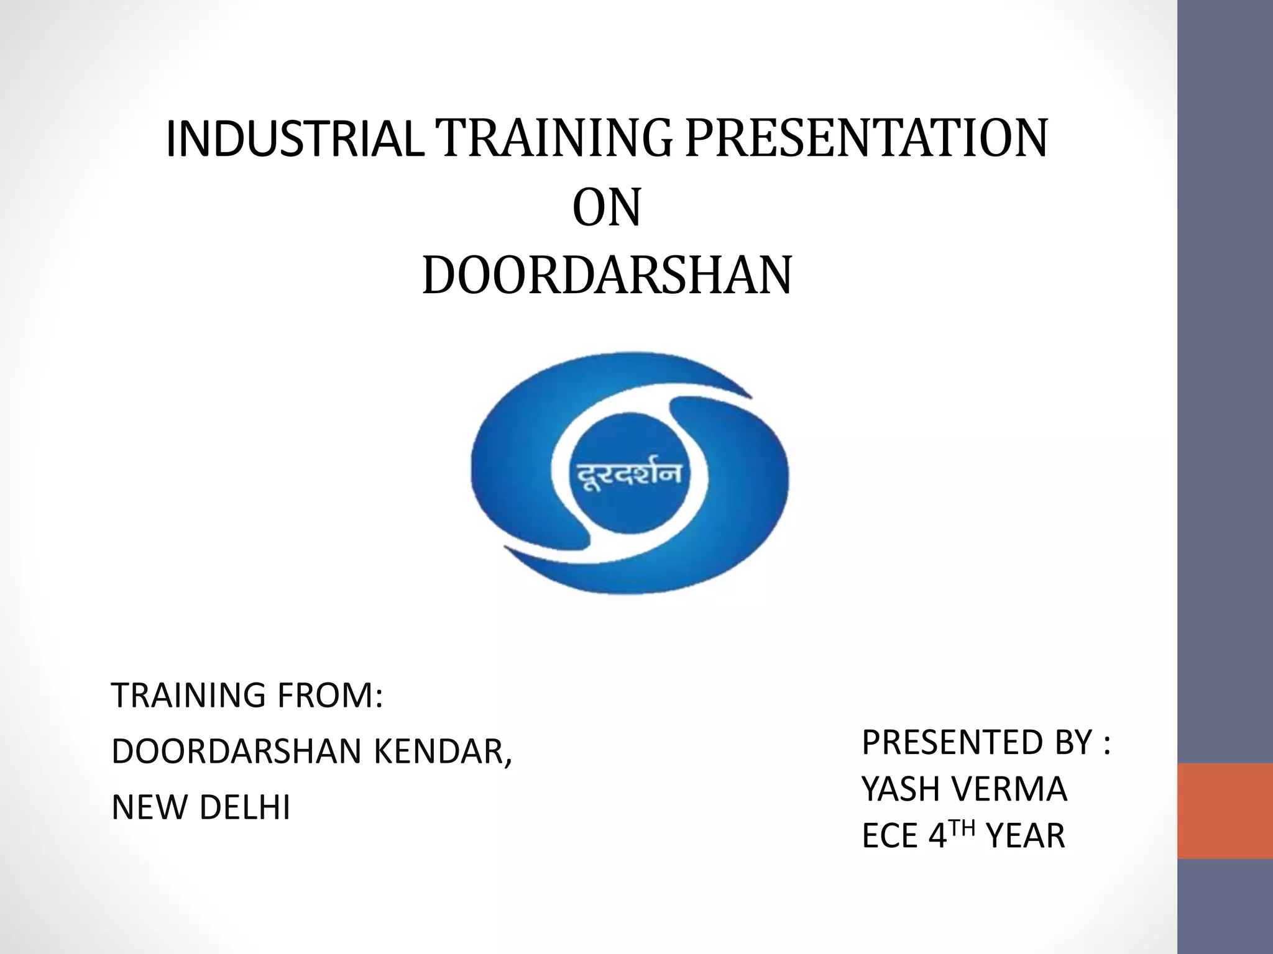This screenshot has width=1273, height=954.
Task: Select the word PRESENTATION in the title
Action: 868,139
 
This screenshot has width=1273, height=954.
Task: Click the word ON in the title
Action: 606,209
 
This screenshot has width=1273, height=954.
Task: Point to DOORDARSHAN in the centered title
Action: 607,276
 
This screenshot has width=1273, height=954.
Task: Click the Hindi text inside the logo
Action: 628,476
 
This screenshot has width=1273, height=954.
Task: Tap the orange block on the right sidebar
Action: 1225,811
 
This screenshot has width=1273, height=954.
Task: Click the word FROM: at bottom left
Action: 330,696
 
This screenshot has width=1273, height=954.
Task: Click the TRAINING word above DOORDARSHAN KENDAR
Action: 190,696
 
